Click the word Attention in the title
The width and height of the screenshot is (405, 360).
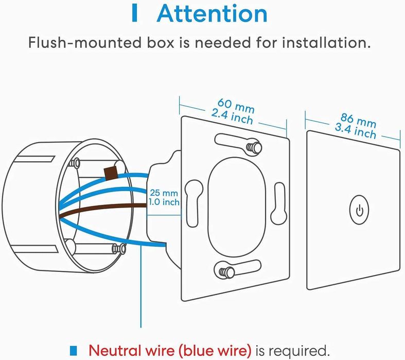[x=212, y=13]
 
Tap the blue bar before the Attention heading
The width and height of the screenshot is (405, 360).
[x=135, y=13]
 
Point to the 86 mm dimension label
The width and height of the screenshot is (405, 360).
[x=358, y=122]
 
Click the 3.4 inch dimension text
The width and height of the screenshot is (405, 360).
[x=355, y=131]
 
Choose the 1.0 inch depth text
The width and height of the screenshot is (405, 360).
[x=164, y=202]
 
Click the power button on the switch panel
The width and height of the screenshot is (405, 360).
[x=360, y=211]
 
